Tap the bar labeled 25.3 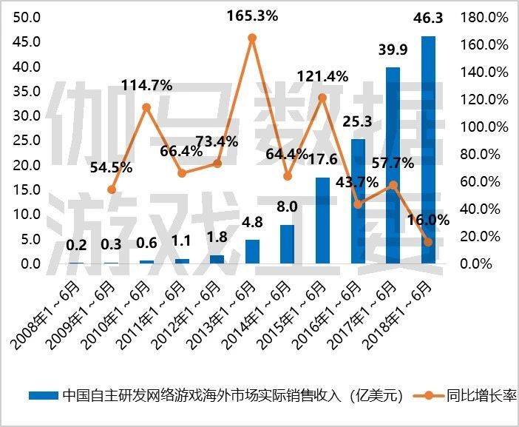coord(358,201)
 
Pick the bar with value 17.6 coord(322,220)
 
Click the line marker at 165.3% coord(252,38)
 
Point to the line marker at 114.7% coord(146,107)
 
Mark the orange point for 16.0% coord(428,241)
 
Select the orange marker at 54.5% coord(112,189)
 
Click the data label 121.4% coord(322,76)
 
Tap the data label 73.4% coord(216,141)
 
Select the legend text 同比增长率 coord(481,396)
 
